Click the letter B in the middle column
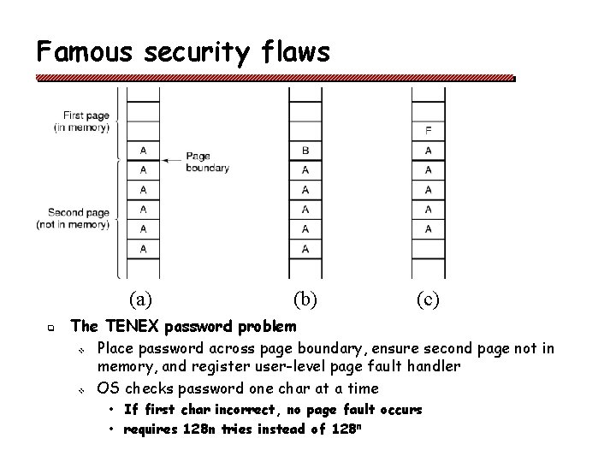click(x=305, y=151)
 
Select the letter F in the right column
click(x=428, y=131)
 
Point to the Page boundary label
click(x=207, y=163)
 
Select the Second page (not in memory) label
click(x=78, y=218)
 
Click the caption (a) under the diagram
click(x=141, y=299)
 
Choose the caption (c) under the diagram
click(x=429, y=299)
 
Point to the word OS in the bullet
click(x=108, y=388)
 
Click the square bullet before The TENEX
click(x=51, y=328)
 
